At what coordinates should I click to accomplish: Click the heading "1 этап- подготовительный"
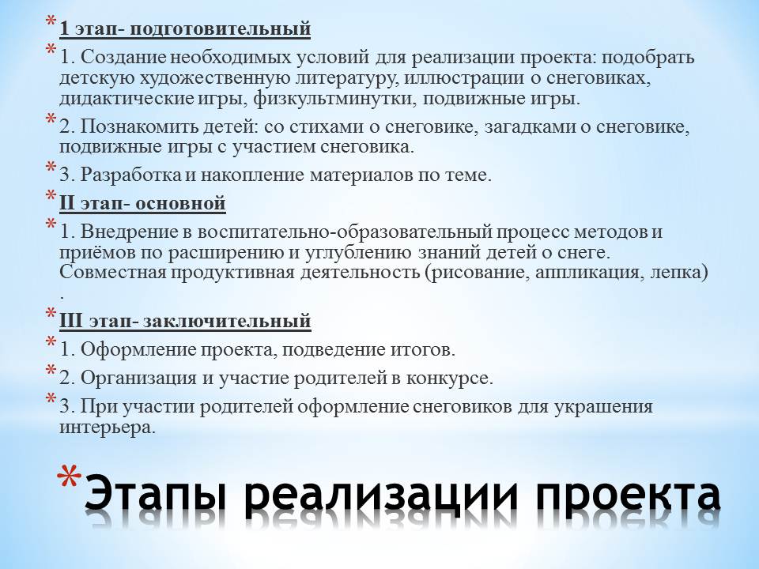point(185,28)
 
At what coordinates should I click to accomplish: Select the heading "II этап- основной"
point(143,203)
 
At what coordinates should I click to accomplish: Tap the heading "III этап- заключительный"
point(185,320)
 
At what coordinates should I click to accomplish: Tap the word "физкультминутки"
point(335,99)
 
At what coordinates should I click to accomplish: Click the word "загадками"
point(530,126)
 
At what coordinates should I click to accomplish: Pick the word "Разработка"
point(130,175)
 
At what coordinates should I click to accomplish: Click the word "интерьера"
point(108,428)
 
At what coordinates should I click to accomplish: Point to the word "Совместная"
point(113,273)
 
